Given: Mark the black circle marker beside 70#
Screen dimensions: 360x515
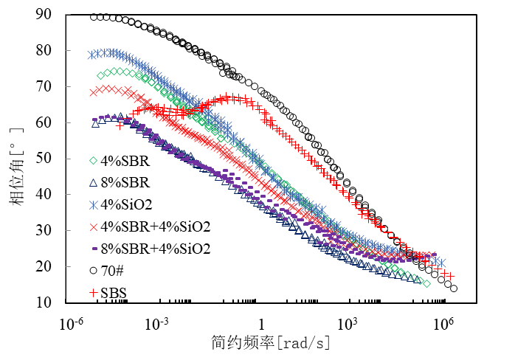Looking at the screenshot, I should (x=94, y=271).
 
